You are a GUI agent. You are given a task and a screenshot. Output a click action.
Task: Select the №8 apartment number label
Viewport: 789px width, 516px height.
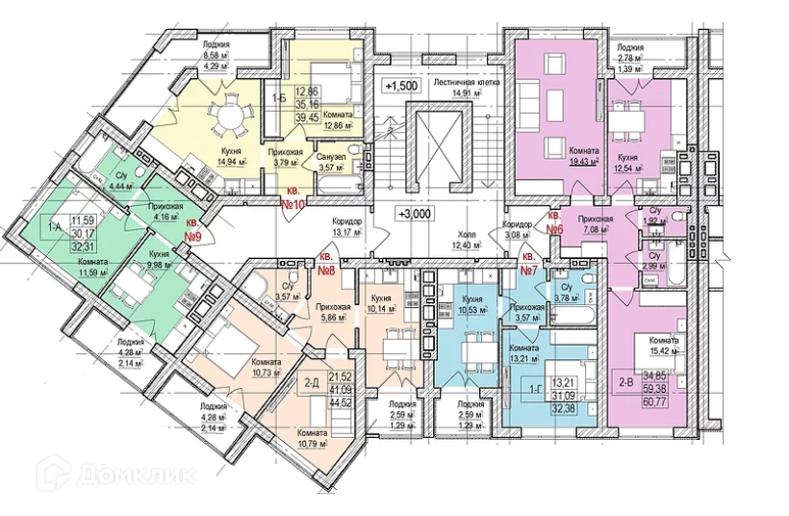325,266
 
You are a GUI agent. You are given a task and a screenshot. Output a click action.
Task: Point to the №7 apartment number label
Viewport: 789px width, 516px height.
528,266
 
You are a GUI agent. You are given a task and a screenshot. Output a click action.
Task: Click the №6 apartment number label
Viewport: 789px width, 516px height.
554,225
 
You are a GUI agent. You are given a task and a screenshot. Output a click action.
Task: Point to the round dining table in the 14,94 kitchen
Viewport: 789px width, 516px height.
228,120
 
